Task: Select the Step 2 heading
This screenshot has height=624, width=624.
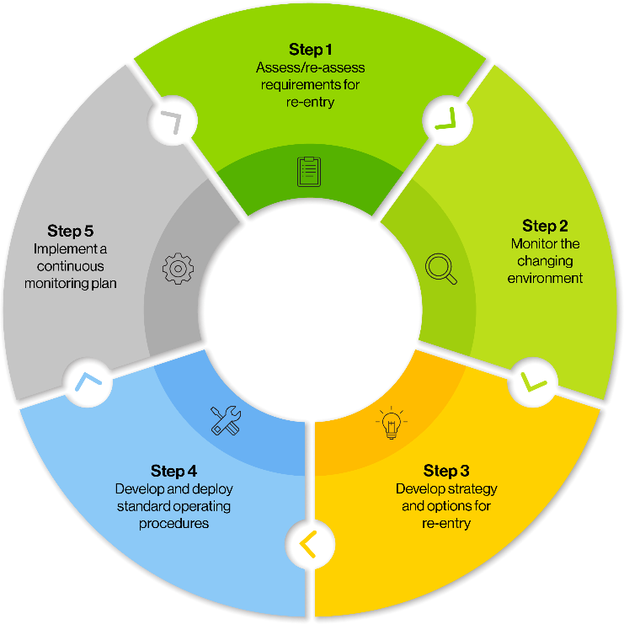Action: [x=544, y=226]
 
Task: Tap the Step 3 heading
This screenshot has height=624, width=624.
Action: [x=446, y=471]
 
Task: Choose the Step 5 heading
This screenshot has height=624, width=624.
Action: [x=71, y=231]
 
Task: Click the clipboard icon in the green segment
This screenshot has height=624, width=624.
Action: [x=309, y=171]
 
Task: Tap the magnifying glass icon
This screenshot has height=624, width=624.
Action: [x=440, y=269]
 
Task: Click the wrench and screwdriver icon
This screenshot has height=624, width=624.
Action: [x=226, y=419]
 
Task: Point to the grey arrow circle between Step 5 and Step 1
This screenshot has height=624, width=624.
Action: [x=174, y=125]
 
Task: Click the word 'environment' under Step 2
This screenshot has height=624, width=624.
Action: [x=544, y=278]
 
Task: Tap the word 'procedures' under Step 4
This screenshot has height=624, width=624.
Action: [x=173, y=524]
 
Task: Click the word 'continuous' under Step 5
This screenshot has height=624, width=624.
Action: [x=71, y=267]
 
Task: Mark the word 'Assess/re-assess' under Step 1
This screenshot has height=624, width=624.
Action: [x=310, y=67]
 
